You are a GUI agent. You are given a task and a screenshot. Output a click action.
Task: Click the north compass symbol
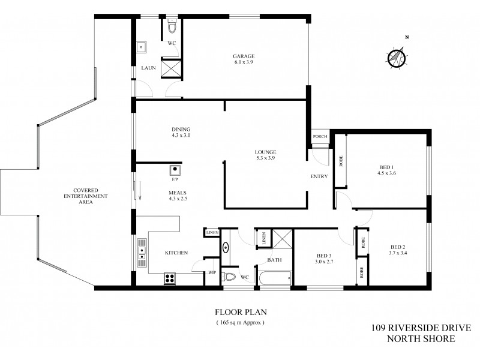(x=397, y=58)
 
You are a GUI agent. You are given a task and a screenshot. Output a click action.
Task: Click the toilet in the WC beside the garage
(x=172, y=27)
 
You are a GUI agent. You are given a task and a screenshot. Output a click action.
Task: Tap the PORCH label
(x=320, y=137)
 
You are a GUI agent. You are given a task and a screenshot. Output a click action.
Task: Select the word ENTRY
(x=319, y=176)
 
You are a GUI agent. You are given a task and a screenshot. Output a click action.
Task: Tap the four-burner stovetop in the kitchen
(x=169, y=278)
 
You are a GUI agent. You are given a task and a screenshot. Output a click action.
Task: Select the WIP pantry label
(x=212, y=272)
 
